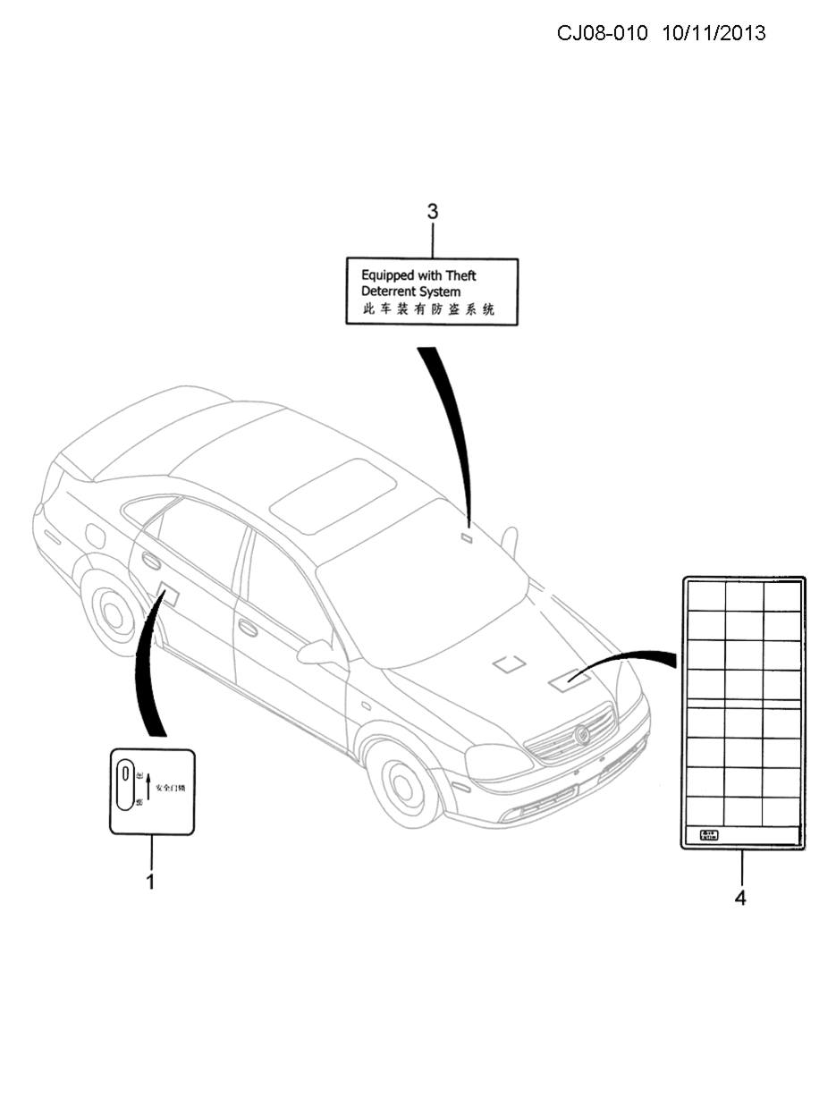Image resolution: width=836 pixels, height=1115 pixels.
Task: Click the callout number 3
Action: tap(433, 212)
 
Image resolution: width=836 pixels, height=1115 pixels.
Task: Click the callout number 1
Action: tap(150, 882)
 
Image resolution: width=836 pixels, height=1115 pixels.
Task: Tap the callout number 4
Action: tap(740, 897)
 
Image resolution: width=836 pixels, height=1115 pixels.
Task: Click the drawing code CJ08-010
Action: tap(602, 33)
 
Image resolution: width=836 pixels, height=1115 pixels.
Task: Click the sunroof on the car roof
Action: tap(334, 491)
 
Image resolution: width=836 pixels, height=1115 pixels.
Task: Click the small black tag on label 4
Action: tap(708, 836)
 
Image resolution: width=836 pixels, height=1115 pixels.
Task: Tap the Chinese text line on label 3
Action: tap(428, 310)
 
